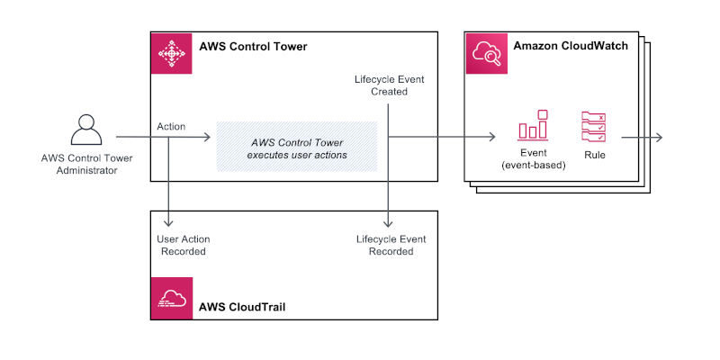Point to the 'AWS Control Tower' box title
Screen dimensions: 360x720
pyautogui.click(x=252, y=47)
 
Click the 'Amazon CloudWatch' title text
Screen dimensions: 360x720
pyautogui.click(x=571, y=45)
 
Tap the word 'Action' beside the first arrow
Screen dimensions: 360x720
pyautogui.click(x=171, y=127)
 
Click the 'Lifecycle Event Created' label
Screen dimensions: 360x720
pyautogui.click(x=389, y=85)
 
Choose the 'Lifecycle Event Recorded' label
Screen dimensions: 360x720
pyautogui.click(x=390, y=245)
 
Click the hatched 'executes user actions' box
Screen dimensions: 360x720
pyautogui.click(x=296, y=147)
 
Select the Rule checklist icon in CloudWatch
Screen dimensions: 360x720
pyautogui.click(x=594, y=127)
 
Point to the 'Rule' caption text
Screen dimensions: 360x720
pyautogui.click(x=594, y=155)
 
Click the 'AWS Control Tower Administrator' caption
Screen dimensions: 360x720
pyautogui.click(x=79, y=165)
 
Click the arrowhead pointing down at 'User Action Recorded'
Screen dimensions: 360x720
pyautogui.click(x=169, y=222)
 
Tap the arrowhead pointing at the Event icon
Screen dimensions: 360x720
pyautogui.click(x=491, y=138)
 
